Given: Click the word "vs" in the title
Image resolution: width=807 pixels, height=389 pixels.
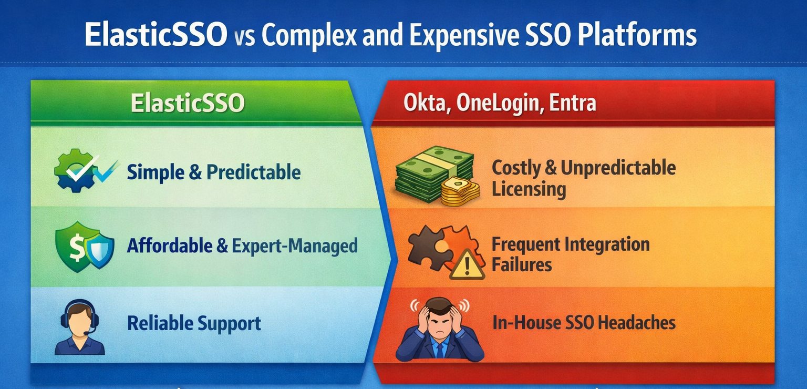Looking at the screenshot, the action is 245,37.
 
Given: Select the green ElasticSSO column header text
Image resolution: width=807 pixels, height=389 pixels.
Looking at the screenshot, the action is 188,103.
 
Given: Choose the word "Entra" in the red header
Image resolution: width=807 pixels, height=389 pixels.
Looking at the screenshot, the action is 573,103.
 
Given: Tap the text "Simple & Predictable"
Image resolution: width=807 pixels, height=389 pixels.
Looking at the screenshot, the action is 214,172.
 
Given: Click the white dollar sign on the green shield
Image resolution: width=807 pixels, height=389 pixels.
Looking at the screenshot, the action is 76,245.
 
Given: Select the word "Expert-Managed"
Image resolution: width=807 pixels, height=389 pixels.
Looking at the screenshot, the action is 295,246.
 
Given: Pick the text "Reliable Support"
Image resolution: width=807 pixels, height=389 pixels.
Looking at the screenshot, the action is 194,323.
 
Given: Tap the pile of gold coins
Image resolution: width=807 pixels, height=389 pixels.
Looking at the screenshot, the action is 460,191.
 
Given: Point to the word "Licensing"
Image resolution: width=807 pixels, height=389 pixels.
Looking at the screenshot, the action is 529,189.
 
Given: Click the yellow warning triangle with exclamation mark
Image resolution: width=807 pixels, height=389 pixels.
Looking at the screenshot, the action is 467,265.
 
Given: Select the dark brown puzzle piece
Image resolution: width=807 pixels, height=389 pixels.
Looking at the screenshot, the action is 429,248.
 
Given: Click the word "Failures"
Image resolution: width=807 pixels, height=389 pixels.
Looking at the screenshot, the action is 522,264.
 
